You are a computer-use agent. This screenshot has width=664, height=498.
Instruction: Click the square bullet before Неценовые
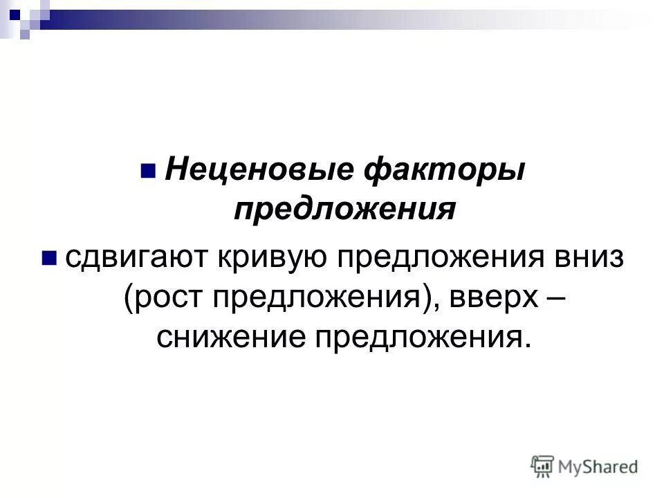(x=147, y=170)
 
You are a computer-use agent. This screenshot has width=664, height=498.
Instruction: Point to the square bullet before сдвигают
(x=49, y=259)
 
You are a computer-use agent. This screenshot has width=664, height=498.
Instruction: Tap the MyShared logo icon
(x=543, y=467)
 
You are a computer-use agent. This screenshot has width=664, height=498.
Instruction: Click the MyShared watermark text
(x=598, y=468)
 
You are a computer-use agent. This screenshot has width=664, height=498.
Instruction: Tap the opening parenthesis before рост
(x=130, y=298)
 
